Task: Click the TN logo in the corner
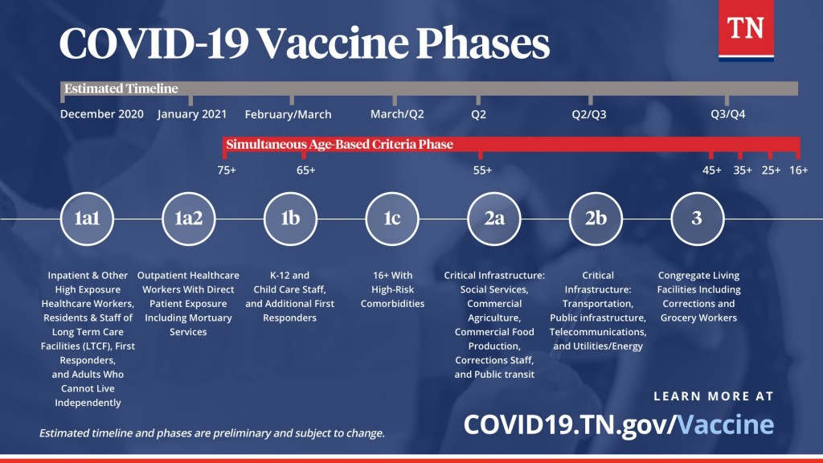[746, 31]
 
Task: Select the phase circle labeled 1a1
[87, 218]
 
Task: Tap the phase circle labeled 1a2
[188, 218]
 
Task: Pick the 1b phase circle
[290, 218]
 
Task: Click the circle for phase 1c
[391, 218]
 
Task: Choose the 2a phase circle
[493, 218]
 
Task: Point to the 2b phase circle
[596, 218]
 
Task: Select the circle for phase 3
[697, 218]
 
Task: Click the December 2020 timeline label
[102, 114]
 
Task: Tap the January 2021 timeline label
[192, 114]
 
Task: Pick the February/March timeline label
[288, 114]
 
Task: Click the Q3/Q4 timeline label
[728, 114]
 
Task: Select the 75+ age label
[227, 170]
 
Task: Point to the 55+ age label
[482, 170]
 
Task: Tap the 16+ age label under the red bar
[798, 170]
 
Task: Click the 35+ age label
[743, 170]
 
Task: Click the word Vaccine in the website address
[725, 424]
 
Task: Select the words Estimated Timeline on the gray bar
[121, 88]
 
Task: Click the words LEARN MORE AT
[714, 396]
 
